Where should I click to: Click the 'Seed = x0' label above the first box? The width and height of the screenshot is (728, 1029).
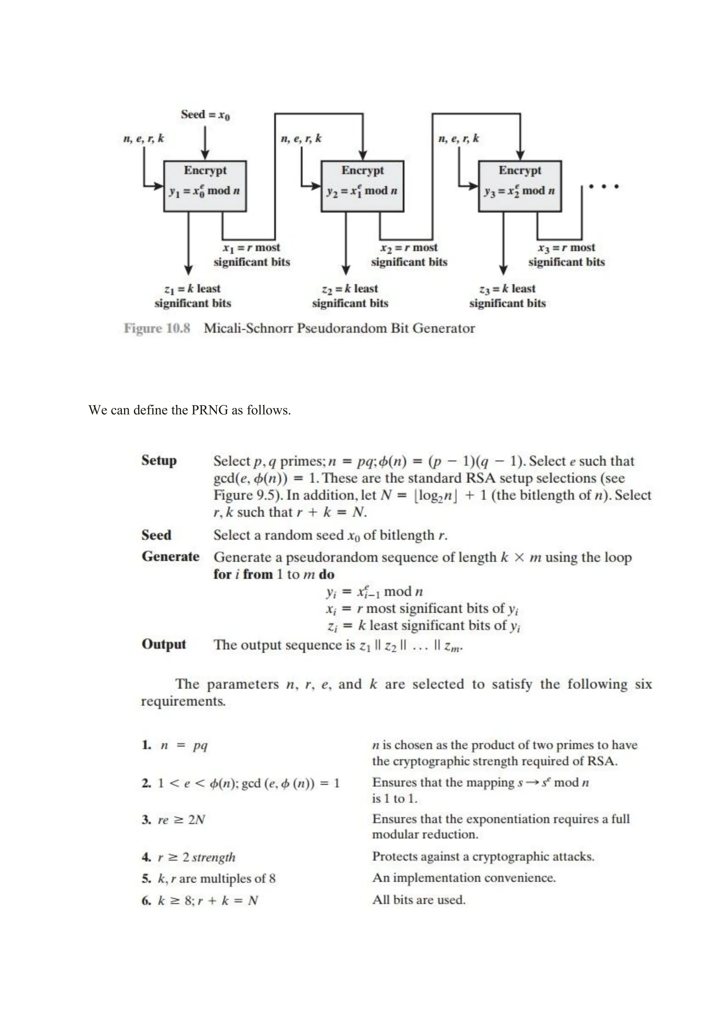click(205, 115)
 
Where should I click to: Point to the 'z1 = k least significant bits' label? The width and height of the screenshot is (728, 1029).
click(193, 296)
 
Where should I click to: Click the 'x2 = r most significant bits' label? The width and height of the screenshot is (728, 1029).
click(409, 254)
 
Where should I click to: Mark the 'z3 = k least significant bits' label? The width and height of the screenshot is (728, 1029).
click(508, 296)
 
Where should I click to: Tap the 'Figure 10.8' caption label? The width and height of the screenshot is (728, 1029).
click(157, 329)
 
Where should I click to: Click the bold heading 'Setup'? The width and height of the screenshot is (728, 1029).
click(159, 461)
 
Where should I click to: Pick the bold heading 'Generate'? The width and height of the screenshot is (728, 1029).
click(170, 557)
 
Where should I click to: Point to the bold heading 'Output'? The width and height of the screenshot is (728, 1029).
click(164, 644)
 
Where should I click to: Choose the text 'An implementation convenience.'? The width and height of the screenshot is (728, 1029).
click(464, 878)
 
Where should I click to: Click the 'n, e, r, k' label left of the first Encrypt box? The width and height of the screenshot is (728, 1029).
click(144, 139)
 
